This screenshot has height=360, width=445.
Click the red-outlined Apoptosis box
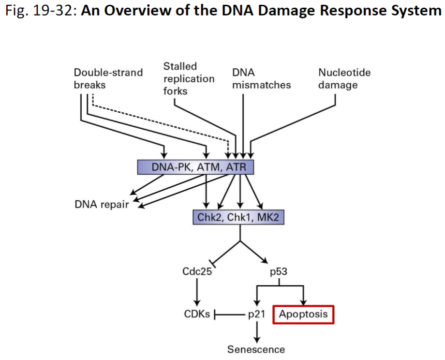point(303,314)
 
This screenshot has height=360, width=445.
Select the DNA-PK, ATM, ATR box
point(195,167)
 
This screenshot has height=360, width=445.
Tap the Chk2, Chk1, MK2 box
point(238,217)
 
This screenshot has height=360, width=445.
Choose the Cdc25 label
point(197,271)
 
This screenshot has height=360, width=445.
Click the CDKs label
point(197,314)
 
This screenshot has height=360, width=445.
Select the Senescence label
point(256,349)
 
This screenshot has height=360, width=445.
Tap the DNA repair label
point(102,204)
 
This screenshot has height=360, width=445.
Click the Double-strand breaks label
point(108,78)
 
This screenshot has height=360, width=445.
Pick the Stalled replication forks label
point(189,78)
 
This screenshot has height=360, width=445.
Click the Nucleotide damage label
point(344,78)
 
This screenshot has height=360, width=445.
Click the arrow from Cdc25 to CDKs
point(197,290)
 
